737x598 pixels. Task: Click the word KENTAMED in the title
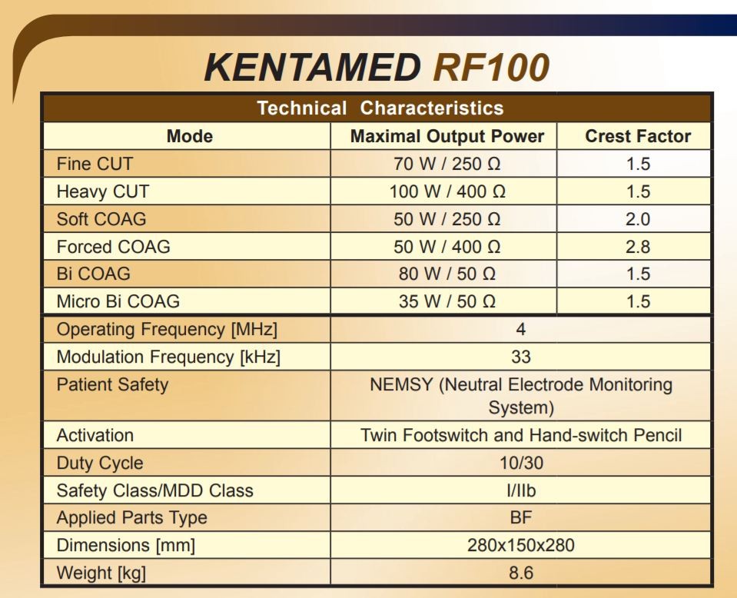click(313, 68)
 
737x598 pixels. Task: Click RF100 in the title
click(491, 68)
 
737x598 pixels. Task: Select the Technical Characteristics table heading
click(380, 108)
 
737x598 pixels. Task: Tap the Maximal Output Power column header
click(447, 137)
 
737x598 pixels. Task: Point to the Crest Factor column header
click(638, 137)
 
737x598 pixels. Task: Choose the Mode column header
click(190, 137)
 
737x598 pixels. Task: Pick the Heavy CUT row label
click(103, 191)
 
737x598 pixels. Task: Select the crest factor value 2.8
click(638, 247)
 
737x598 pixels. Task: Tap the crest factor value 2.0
click(638, 219)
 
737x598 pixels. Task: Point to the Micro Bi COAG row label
click(118, 301)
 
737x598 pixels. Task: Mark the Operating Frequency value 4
click(521, 329)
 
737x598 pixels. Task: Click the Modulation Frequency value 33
click(521, 357)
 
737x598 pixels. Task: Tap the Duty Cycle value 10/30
click(521, 463)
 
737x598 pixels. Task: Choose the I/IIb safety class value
click(521, 490)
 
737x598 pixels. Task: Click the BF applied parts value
click(521, 517)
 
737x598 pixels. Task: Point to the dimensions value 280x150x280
click(521, 545)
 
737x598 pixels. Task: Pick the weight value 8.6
click(521, 573)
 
